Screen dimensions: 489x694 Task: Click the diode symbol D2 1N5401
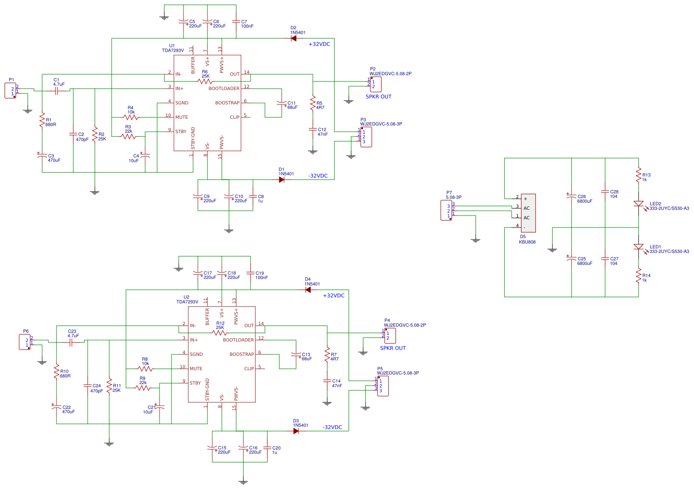(294, 38)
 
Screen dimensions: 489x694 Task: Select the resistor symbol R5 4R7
(313, 102)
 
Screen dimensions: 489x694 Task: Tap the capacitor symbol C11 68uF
(282, 103)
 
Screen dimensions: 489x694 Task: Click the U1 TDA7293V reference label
(172, 48)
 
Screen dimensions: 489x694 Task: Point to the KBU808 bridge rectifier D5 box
(528, 213)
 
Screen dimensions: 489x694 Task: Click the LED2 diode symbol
(638, 204)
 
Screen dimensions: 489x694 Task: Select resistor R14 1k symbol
(638, 276)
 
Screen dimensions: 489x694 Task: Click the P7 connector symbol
(446, 211)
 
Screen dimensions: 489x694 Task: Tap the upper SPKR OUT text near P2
(378, 97)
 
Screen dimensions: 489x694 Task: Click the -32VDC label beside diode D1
(318, 176)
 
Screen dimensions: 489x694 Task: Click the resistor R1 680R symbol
(42, 120)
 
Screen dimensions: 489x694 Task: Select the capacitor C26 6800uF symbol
(571, 196)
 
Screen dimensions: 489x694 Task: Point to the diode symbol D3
(296, 431)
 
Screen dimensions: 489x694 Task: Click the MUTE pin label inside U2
(196, 369)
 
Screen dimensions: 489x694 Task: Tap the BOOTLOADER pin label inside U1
(224, 89)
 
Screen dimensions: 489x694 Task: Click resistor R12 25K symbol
(220, 332)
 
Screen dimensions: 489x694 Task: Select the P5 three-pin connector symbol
(383, 386)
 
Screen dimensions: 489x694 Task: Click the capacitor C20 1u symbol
(267, 448)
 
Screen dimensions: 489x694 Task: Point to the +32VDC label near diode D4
(333, 296)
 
